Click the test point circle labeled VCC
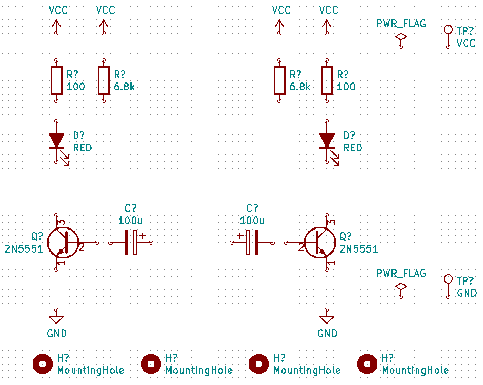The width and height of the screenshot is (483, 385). [x=448, y=29]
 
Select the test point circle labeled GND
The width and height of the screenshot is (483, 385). [x=448, y=279]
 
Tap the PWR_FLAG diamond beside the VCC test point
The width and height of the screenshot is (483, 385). [x=401, y=37]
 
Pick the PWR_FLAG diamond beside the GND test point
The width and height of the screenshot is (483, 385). [x=401, y=286]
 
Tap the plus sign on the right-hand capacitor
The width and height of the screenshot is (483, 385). [x=240, y=235]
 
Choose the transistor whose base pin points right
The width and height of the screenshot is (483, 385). [x=63, y=243]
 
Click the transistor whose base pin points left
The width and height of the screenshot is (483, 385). [x=320, y=243]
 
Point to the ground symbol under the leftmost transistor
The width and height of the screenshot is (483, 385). [x=56, y=319]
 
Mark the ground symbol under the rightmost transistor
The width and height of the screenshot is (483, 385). [x=327, y=319]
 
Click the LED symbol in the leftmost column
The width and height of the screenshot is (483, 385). [x=56, y=141]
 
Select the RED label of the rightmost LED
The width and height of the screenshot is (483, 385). [x=353, y=148]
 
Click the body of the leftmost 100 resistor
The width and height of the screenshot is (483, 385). [x=56, y=80]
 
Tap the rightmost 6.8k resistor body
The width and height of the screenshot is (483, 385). [x=279, y=80]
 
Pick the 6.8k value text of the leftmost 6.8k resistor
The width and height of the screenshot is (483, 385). [x=124, y=87]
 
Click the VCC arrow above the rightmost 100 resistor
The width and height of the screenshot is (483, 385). [x=327, y=25]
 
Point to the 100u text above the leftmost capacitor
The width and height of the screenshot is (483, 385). [x=130, y=220]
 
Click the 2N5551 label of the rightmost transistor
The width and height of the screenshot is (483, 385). [x=358, y=249]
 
